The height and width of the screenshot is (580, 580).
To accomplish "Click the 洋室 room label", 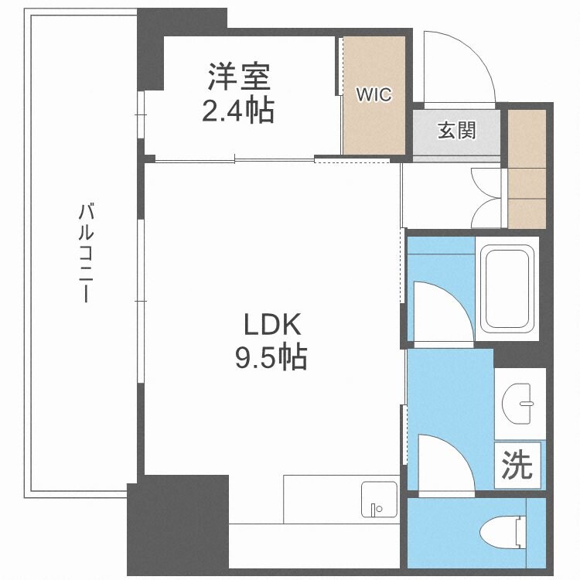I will pos(238,79).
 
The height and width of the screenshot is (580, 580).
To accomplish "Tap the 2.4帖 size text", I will pos(238,111).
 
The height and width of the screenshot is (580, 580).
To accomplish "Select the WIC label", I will pos(374,94).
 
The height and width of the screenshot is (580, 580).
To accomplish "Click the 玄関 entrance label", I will pos(457,131).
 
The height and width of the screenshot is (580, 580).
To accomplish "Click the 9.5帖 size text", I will pos(271,357).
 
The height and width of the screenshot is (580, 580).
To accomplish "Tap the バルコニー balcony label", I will pos(87,253).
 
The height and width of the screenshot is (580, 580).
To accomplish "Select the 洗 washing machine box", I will pos(517,464).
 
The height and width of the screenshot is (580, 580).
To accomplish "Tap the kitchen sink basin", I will pos(378,500).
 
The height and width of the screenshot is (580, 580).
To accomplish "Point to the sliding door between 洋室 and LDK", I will pos(232,160).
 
